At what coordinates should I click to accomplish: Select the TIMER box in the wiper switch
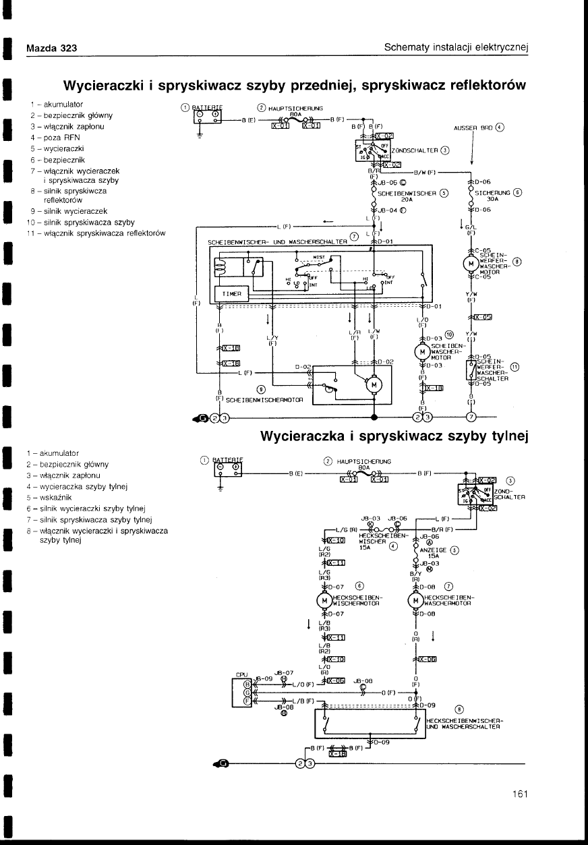click(x=231, y=295)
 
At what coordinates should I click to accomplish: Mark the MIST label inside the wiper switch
click(x=319, y=257)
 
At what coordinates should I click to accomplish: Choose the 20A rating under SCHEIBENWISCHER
click(x=407, y=200)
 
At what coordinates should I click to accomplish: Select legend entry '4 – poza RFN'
click(x=55, y=137)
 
